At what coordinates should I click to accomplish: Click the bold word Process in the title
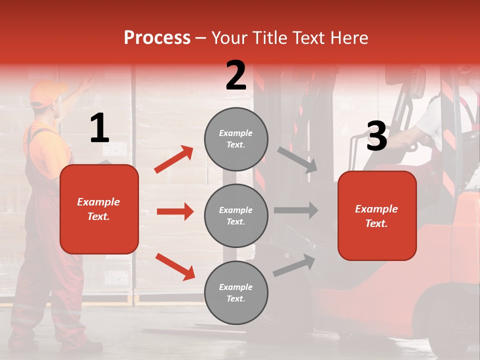157,38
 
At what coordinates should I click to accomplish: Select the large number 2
236,75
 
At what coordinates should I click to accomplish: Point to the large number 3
376,136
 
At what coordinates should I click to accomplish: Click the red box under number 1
99,209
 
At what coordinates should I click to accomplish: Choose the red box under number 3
377,215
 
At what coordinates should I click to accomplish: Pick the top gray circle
236,139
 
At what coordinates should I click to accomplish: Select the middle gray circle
236,215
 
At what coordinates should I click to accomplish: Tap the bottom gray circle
236,292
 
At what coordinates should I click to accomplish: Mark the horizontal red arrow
175,211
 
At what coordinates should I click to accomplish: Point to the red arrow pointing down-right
175,266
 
